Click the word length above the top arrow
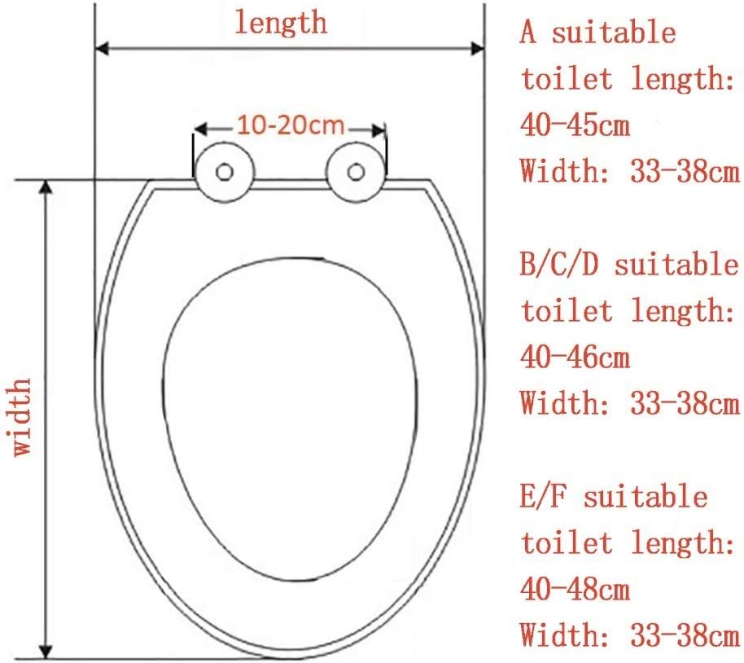(281, 21)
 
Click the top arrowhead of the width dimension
(46, 187)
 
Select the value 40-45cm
(575, 126)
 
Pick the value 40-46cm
(575, 357)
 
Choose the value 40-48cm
(575, 588)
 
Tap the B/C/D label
(561, 265)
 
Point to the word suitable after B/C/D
(676, 265)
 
